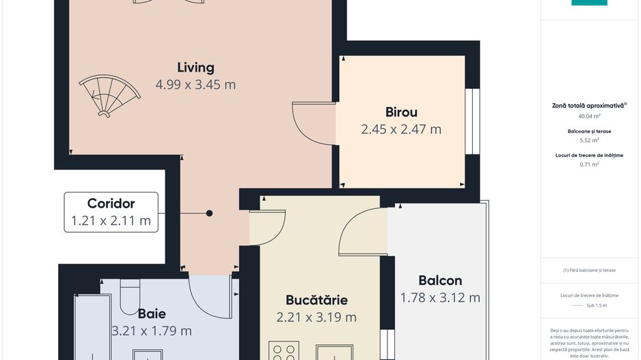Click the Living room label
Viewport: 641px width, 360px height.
(x=195, y=68)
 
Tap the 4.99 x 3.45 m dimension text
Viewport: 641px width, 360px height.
(x=195, y=85)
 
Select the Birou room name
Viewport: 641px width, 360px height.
(x=401, y=112)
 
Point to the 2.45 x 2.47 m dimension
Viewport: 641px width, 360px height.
(x=401, y=129)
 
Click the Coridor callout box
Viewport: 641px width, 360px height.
(x=111, y=212)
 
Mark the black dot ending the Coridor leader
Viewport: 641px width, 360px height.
(x=209, y=213)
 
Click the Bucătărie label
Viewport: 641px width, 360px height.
(x=316, y=300)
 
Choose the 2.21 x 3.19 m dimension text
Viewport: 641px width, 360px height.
(x=316, y=317)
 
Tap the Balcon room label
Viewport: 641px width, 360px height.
(x=440, y=280)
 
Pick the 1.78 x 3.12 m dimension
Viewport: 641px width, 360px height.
(x=440, y=297)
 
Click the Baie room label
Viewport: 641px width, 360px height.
(x=152, y=314)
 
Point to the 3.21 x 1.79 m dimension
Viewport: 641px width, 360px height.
(x=152, y=331)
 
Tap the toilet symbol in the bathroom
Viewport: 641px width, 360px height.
(x=130, y=295)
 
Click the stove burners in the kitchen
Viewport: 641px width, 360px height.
(x=284, y=351)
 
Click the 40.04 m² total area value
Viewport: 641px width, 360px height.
(x=589, y=116)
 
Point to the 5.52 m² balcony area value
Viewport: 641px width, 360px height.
(x=589, y=140)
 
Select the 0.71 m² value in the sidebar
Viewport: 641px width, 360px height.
(x=589, y=164)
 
